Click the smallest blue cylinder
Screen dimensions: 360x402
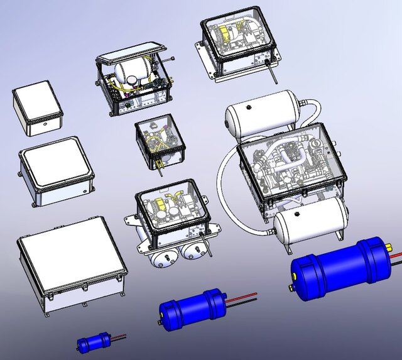[90, 343]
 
